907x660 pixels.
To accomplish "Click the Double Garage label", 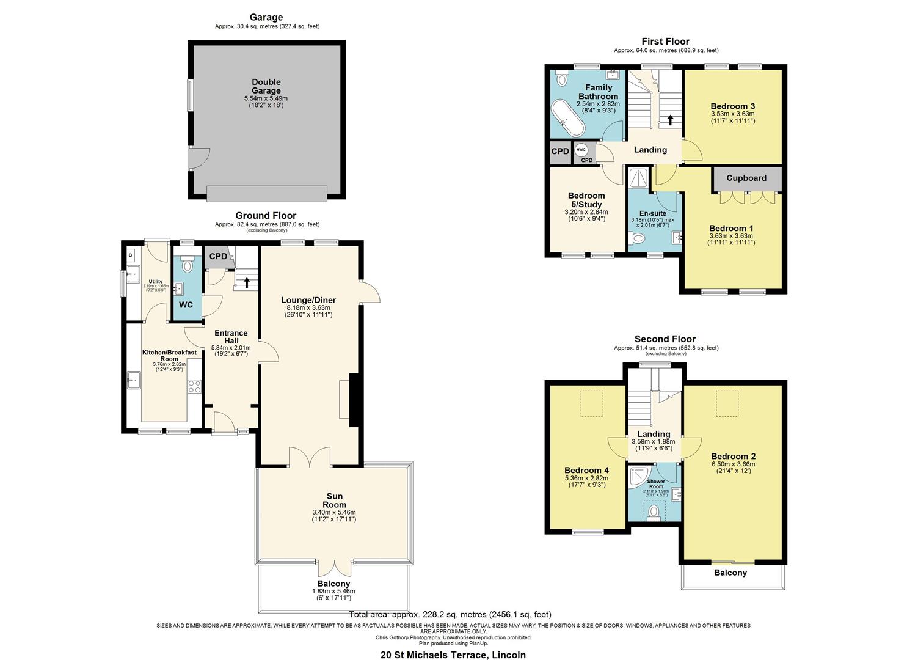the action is pos(266,86).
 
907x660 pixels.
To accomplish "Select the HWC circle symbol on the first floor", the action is pos(581,150).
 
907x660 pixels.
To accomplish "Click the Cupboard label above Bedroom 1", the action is pos(746,178).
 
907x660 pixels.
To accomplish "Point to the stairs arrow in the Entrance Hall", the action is pos(247,282).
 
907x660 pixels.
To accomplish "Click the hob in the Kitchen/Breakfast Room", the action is pos(195,386).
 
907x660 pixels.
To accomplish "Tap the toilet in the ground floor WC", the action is pos(188,265).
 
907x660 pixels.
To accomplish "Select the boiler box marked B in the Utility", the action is pos(130,254).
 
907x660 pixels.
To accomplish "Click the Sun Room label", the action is pos(334,500).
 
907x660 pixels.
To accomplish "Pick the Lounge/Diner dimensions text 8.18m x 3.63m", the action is pos(308,307).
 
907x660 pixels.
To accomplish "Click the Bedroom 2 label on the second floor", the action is pos(734,456).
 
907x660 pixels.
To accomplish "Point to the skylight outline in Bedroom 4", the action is pos(592,403).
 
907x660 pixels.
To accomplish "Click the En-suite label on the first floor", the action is pos(653,213).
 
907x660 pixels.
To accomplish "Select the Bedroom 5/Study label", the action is pos(587,200).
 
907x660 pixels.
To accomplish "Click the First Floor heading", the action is pos(665,42).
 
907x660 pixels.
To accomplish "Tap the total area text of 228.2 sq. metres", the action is pos(450,614).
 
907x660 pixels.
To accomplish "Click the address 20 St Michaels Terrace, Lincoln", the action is pos(453,654).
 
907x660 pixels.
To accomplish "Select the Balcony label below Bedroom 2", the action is pos(730,573).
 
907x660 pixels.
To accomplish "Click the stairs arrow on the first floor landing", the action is pos(671,120).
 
